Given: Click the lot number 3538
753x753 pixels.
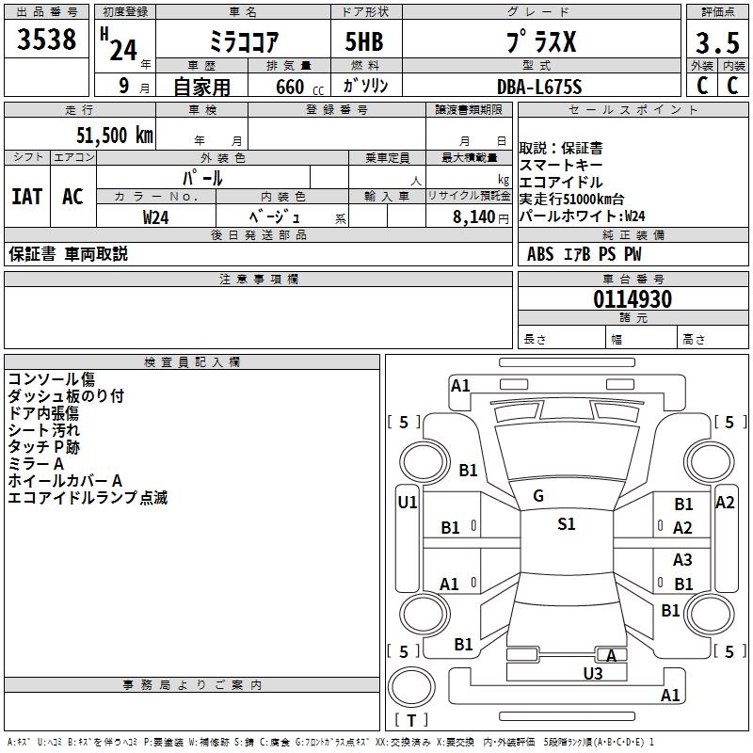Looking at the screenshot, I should pos(47,40).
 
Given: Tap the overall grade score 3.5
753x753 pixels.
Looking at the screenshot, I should pos(715,43).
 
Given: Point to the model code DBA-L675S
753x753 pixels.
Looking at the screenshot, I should pos(539,87).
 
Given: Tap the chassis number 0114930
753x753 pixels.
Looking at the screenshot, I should pos(633,300).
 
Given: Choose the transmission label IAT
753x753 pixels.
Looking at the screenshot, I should pos(27,197).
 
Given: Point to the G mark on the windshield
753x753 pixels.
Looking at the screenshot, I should pos(538,496).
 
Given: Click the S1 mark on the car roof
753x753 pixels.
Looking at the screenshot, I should pos(566,524).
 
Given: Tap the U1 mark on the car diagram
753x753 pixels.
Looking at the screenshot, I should pos(408,503).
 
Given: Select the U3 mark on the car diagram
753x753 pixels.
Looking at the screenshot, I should pos(592,673).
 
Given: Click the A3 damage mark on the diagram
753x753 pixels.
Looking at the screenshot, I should pos(682,560).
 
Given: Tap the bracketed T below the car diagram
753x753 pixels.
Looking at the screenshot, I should pos(411,721).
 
